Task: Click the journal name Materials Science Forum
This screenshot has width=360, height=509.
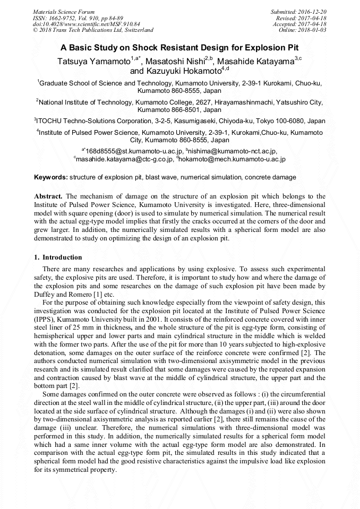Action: [x=56, y=12]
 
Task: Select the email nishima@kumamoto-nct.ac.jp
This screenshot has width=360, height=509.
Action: [x=235, y=151]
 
